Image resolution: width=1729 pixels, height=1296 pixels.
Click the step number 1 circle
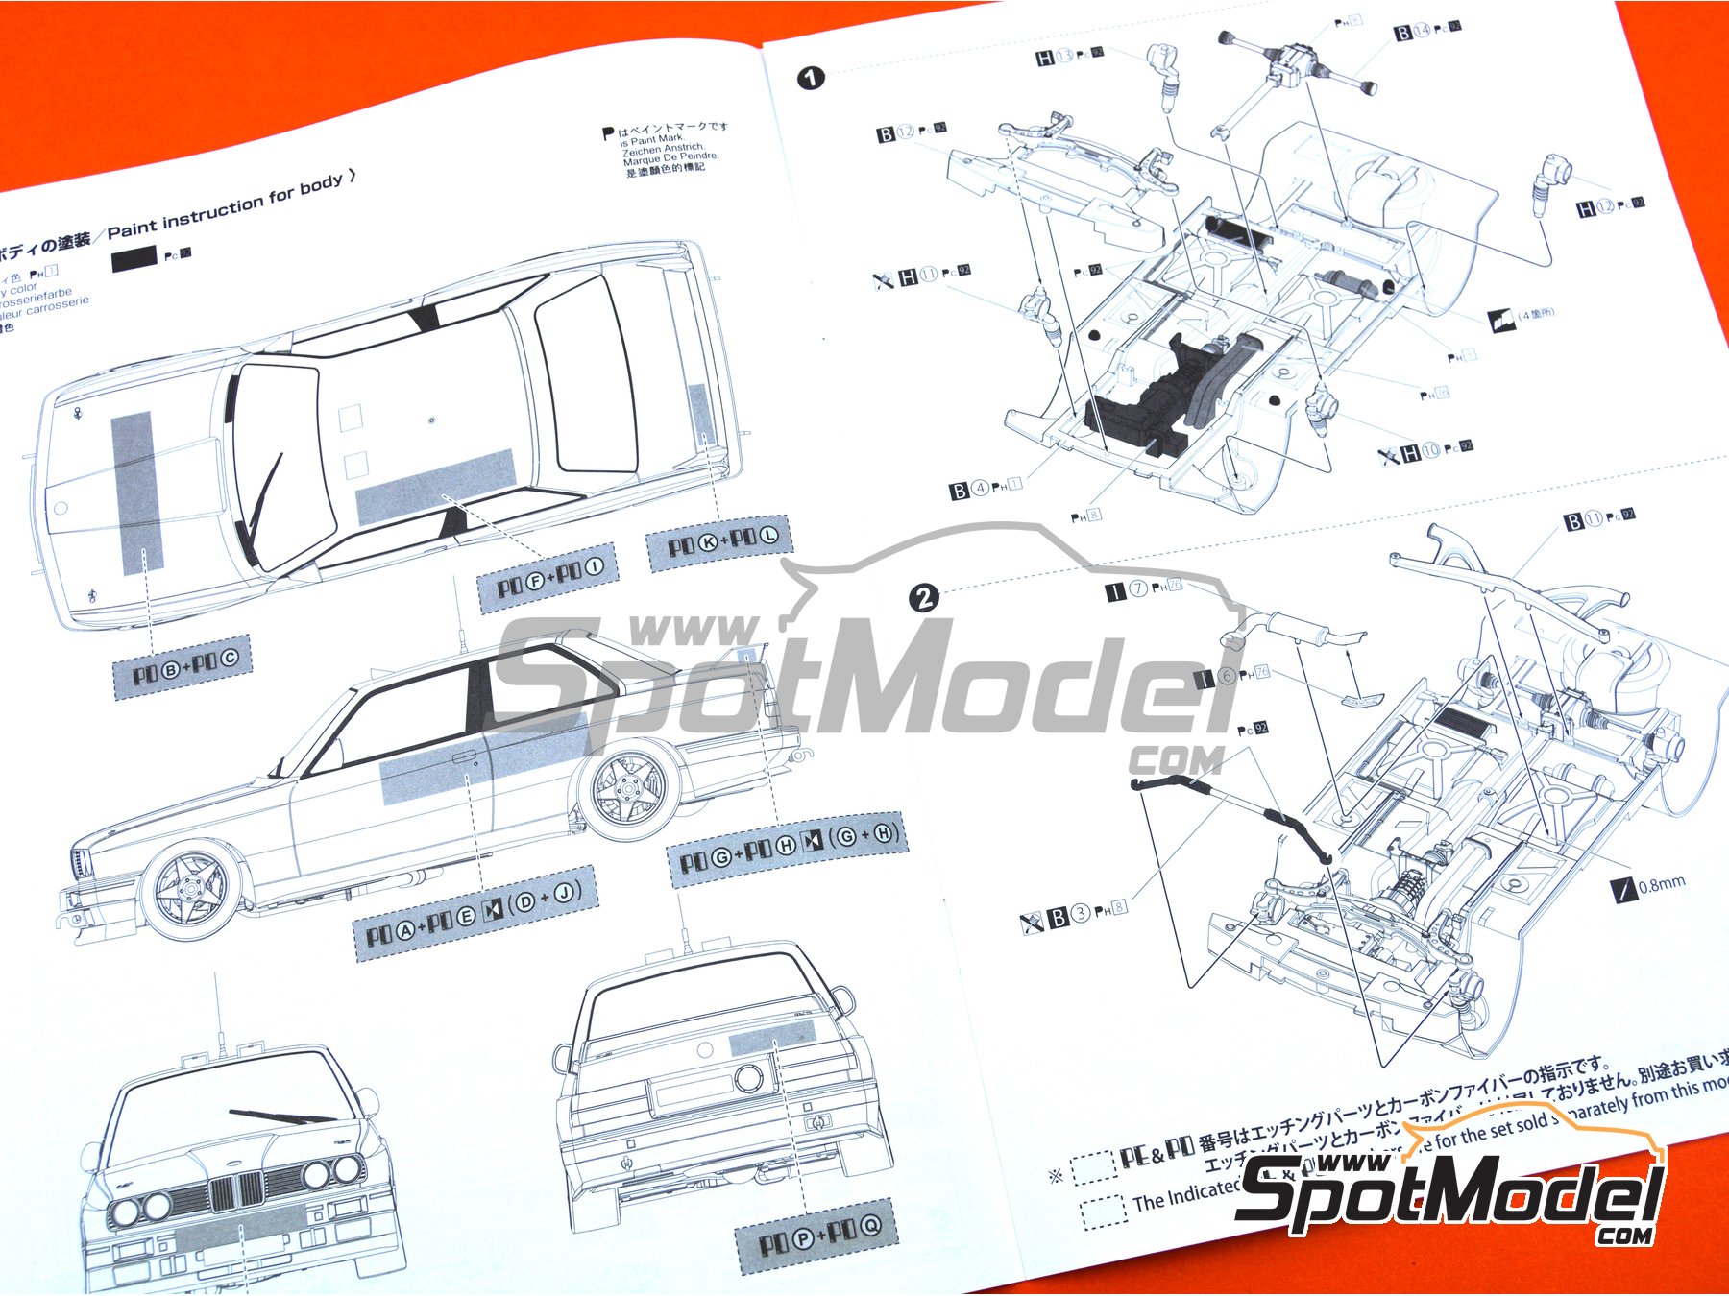(811, 78)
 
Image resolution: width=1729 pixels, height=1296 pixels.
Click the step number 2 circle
(923, 598)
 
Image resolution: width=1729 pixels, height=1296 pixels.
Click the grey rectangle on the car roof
(436, 486)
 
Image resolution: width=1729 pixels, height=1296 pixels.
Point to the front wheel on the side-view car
(190, 891)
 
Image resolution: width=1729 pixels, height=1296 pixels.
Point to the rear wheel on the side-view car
(629, 789)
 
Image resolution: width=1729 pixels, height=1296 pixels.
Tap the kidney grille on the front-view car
(236, 1191)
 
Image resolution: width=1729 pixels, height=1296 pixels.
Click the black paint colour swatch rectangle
(134, 258)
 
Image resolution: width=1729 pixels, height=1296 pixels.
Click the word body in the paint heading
(321, 184)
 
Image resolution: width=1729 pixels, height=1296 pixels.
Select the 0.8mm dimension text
(1662, 884)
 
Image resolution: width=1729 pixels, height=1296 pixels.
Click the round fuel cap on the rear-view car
(749, 1077)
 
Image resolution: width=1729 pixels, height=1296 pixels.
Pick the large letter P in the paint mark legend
(607, 133)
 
